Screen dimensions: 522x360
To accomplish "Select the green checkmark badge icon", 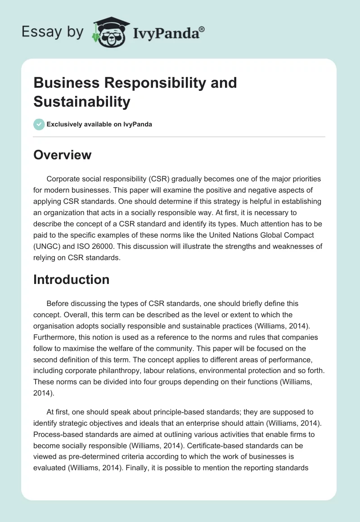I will click(x=39, y=124).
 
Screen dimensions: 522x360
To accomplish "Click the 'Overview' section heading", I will click(x=62, y=155).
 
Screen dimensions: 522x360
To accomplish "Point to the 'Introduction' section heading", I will click(x=71, y=279).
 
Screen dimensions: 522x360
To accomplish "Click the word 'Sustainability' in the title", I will click(x=81, y=102).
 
